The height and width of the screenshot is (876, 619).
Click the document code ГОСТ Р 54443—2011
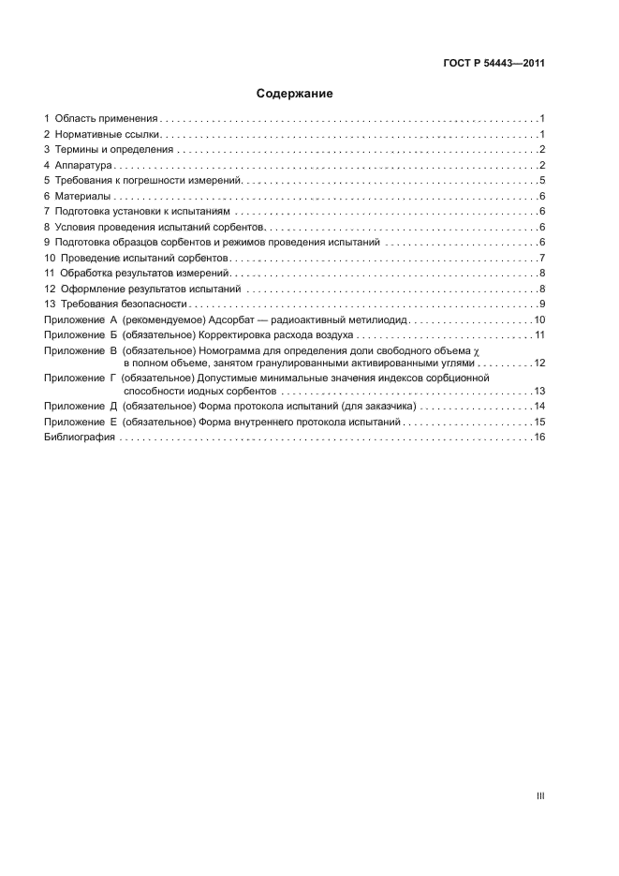coord(493,65)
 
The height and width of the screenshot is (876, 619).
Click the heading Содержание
coord(295,94)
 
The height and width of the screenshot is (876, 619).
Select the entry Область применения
coord(106,119)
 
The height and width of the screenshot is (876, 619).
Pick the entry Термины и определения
coord(113,150)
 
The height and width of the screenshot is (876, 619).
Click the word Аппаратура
coord(84,166)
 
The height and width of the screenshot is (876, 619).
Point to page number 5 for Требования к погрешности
coord(542,181)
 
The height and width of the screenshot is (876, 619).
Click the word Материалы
coord(82,196)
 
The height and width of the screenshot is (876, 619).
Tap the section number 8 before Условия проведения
coord(47,227)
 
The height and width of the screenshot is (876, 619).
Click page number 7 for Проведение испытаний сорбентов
coord(542,258)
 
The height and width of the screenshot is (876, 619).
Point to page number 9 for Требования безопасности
coord(542,304)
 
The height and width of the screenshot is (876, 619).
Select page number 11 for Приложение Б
coord(539,334)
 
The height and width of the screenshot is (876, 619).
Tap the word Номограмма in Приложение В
coord(229,349)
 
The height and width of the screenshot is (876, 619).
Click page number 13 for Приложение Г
coord(539,391)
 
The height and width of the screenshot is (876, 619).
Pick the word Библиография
coord(80,438)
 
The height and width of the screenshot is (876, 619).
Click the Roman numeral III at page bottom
coord(540,795)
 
